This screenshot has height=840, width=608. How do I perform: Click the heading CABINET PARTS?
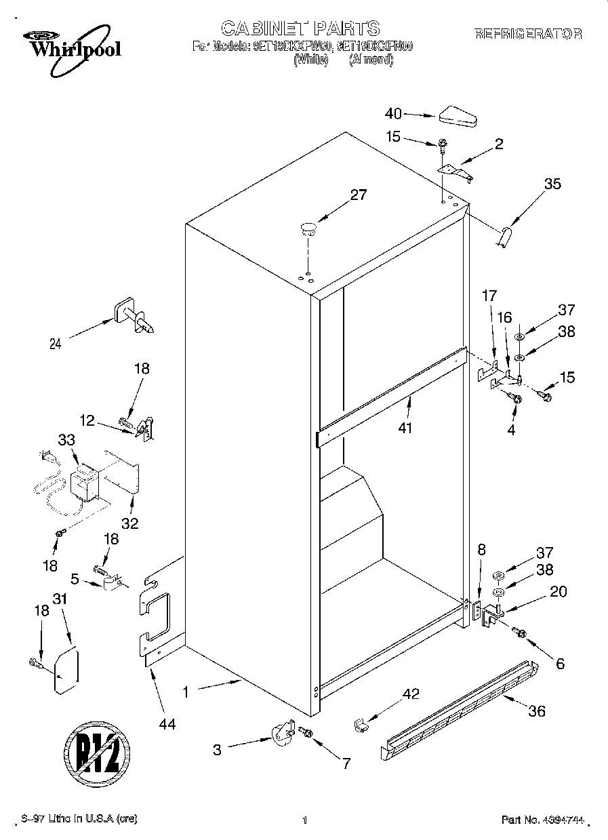[x=300, y=28]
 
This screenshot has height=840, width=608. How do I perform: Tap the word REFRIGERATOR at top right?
[x=528, y=33]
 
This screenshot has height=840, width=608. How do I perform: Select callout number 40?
[x=394, y=114]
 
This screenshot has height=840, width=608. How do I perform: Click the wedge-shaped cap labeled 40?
[x=459, y=116]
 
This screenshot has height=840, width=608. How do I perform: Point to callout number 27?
[x=358, y=196]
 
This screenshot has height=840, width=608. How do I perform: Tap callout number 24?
[x=56, y=344]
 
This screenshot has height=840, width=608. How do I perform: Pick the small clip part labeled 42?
[x=361, y=725]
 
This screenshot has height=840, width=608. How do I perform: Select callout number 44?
[x=167, y=725]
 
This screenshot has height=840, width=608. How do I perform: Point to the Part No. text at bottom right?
[x=542, y=820]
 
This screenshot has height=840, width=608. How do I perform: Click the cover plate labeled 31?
[x=66, y=671]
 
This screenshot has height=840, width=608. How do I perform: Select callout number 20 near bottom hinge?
[x=558, y=591]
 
